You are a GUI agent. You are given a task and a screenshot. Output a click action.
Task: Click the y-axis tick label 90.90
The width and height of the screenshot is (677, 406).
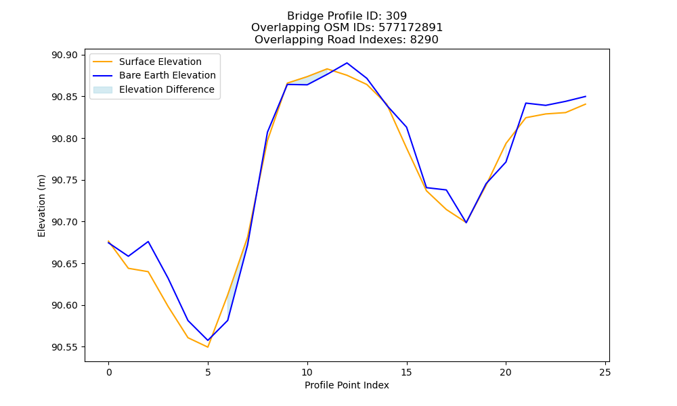tap(65, 55)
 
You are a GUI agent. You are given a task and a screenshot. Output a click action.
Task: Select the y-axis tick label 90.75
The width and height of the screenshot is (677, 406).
tap(65, 181)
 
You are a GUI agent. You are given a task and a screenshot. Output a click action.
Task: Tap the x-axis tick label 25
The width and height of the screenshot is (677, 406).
tap(605, 372)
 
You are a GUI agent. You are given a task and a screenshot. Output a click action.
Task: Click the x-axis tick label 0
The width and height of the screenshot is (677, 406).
tap(108, 372)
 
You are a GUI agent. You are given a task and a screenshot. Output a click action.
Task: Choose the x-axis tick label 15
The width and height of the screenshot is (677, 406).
tap(406, 372)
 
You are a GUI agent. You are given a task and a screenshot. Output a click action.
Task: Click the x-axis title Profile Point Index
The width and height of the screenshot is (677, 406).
tap(347, 385)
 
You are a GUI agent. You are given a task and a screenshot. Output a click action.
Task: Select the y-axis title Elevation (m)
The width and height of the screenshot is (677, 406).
tap(41, 206)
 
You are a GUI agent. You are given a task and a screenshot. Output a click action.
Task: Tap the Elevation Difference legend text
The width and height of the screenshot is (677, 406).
tap(167, 89)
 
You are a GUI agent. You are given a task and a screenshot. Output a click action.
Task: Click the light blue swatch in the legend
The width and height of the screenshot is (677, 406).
tap(103, 90)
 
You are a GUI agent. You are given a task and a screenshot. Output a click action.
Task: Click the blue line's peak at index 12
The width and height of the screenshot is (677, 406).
tap(347, 63)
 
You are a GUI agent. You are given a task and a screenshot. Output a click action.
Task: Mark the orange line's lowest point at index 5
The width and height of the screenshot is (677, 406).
tap(208, 347)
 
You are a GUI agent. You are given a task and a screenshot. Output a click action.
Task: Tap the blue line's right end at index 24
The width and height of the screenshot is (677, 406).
tap(586, 96)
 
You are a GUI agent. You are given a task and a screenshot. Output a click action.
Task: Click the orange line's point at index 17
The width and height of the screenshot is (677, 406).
tap(446, 209)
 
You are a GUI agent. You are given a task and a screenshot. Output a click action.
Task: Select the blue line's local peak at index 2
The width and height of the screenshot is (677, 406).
tap(148, 242)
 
